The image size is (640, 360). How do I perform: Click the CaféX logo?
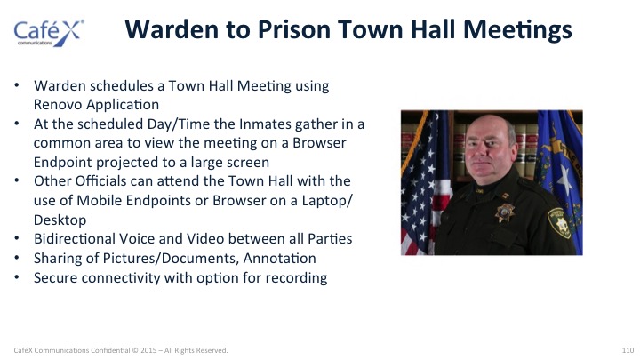pos(49,33)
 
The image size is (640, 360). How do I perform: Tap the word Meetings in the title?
pos(517,31)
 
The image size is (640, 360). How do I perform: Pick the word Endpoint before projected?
pos(63,163)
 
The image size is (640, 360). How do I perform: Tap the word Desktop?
pos(60,220)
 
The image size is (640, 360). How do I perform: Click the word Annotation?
pos(280,259)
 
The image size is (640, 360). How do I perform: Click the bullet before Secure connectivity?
pos(17,277)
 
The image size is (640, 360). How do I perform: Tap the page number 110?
pos(628,350)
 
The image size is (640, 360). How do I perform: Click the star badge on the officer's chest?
pos(505,212)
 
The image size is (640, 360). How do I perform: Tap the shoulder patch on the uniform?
pos(560,223)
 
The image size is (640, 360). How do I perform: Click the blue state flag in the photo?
pos(559,172)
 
